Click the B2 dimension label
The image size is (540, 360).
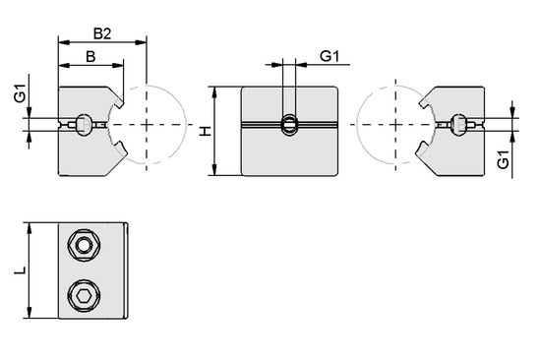point(100,32)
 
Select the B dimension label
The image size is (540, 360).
point(90,56)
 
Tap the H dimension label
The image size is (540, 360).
point(205,132)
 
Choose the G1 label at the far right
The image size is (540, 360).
point(503,159)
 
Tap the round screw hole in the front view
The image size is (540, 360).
point(290,125)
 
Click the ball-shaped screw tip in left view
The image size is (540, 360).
point(87,124)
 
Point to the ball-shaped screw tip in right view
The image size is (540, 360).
point(457,124)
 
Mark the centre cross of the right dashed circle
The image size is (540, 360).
point(395,125)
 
